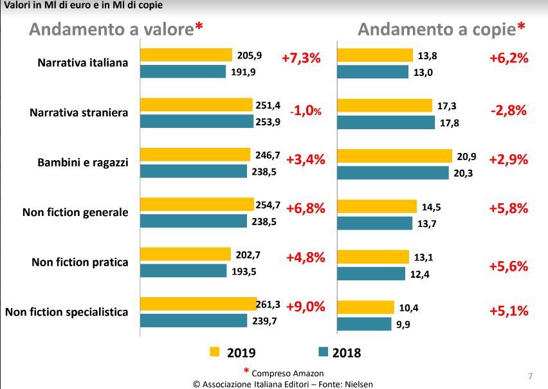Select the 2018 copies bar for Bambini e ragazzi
click(392, 172)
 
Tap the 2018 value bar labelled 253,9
click(197, 122)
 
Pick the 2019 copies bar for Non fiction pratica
click(372, 257)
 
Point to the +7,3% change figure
click(301, 58)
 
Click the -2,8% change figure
click(508, 110)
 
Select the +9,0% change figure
click(306, 307)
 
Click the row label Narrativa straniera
click(79, 113)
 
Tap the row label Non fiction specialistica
click(67, 312)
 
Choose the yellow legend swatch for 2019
click(215, 352)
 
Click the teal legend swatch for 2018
click(323, 352)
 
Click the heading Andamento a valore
click(111, 30)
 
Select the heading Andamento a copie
click(437, 30)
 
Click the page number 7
click(530, 375)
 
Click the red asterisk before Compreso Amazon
click(246, 372)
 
